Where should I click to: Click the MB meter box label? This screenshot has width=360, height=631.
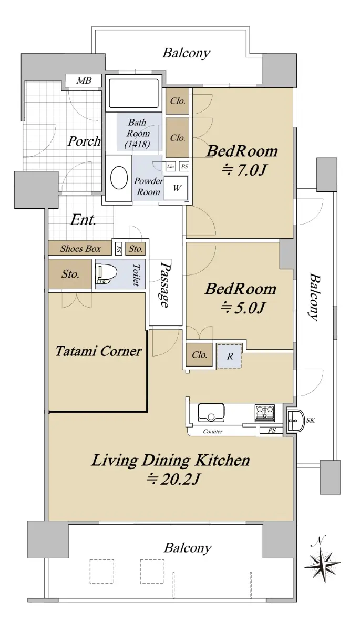[84, 81]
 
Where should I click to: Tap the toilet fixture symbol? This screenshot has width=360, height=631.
[106, 274]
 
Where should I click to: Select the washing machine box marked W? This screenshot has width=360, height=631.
[176, 188]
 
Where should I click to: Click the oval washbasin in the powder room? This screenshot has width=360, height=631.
[119, 179]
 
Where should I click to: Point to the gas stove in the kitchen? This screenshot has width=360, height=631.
[265, 413]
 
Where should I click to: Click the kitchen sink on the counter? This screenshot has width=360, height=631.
[211, 413]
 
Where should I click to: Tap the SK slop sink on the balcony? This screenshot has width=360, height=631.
[296, 421]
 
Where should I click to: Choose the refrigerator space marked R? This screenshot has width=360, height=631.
[229, 356]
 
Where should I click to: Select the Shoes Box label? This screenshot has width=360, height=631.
[80, 248]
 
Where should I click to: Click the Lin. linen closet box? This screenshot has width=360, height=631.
[171, 167]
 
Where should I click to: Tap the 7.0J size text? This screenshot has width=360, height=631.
[243, 170]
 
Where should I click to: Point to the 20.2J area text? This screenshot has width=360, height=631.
[173, 479]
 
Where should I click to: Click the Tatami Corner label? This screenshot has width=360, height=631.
[98, 351]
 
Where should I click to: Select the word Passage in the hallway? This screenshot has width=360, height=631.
[166, 284]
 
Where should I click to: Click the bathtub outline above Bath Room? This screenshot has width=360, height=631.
[133, 93]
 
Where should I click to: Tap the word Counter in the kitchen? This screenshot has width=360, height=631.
[213, 432]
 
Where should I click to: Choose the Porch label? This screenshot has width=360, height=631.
[84, 141]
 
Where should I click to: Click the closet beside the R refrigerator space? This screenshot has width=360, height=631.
[199, 354]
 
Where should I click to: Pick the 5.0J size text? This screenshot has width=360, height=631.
[242, 308]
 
